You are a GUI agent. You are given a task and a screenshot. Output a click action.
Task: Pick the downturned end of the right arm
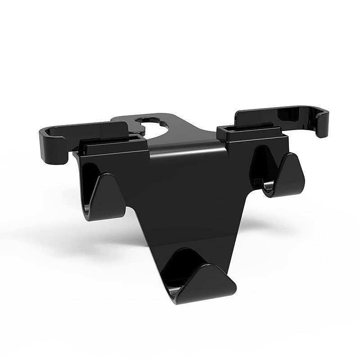pyautogui.click(x=322, y=124)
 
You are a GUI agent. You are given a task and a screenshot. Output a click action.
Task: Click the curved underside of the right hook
pyautogui.click(x=274, y=191)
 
